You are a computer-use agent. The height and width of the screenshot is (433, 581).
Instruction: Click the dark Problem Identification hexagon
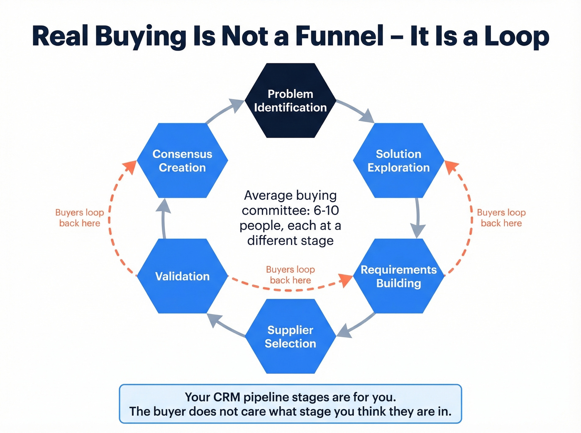[x=290, y=101]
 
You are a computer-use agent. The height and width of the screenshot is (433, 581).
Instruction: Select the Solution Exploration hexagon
[x=398, y=161]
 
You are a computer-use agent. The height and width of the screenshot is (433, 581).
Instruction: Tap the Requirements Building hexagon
[x=398, y=276]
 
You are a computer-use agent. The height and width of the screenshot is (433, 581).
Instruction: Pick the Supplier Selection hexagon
[x=290, y=336]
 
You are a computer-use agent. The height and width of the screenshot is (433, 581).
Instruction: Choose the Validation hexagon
[x=182, y=276]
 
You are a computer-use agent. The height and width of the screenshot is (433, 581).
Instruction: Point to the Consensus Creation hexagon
[x=182, y=161]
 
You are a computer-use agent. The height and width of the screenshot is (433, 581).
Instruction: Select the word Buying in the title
[x=141, y=36]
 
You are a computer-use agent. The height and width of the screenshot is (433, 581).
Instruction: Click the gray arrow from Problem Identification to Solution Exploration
[x=356, y=110]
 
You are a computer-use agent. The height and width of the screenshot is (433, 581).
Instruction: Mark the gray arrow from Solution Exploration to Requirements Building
[x=417, y=218]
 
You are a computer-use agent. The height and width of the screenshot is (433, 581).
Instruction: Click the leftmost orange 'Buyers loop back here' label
[x=80, y=218]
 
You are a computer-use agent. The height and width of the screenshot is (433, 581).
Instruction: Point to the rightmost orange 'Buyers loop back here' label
[x=501, y=218]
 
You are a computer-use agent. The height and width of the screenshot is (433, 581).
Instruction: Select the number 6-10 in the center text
[x=326, y=210]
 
